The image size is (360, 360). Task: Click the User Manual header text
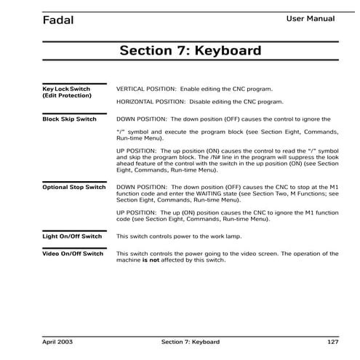[x=311, y=18]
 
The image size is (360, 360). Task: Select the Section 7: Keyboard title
[x=190, y=52]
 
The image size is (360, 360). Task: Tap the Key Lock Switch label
[x=67, y=88]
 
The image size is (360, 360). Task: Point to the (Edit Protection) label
[x=67, y=95]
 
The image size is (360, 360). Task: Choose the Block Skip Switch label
[x=69, y=118]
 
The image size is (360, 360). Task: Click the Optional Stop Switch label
[x=73, y=188]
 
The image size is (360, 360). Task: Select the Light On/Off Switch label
[x=72, y=236]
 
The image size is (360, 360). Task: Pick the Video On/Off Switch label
[x=73, y=254]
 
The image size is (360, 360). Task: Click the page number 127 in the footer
[x=332, y=341]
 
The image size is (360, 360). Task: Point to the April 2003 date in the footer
[x=57, y=341]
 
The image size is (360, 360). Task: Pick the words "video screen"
[x=259, y=254]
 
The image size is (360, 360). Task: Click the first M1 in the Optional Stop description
[x=333, y=187]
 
